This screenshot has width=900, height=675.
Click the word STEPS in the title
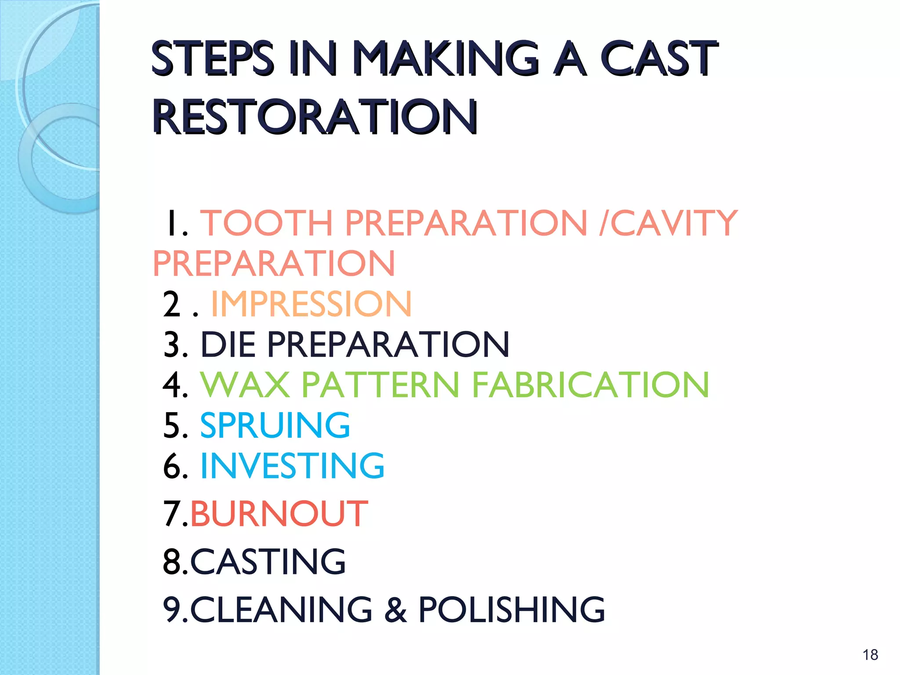(x=212, y=58)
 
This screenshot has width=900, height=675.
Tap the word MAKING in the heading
(x=446, y=58)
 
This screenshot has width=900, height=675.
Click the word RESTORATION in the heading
(x=315, y=116)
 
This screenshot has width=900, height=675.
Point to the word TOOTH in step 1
(x=267, y=223)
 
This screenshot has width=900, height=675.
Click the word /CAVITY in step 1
(x=668, y=223)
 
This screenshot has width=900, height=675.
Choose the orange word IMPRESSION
(x=311, y=304)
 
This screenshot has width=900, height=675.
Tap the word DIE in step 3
(x=228, y=344)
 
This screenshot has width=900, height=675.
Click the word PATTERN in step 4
(x=381, y=385)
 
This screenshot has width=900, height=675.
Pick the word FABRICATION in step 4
(x=590, y=385)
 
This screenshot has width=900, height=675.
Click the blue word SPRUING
(x=275, y=425)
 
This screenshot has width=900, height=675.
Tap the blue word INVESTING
(x=292, y=465)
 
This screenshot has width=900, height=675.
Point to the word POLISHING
(x=511, y=610)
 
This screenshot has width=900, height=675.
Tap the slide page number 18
(x=870, y=655)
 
